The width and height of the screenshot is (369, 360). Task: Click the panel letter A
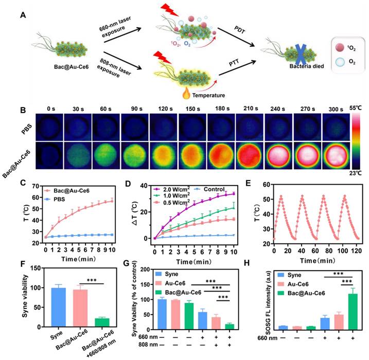click(23, 15)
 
